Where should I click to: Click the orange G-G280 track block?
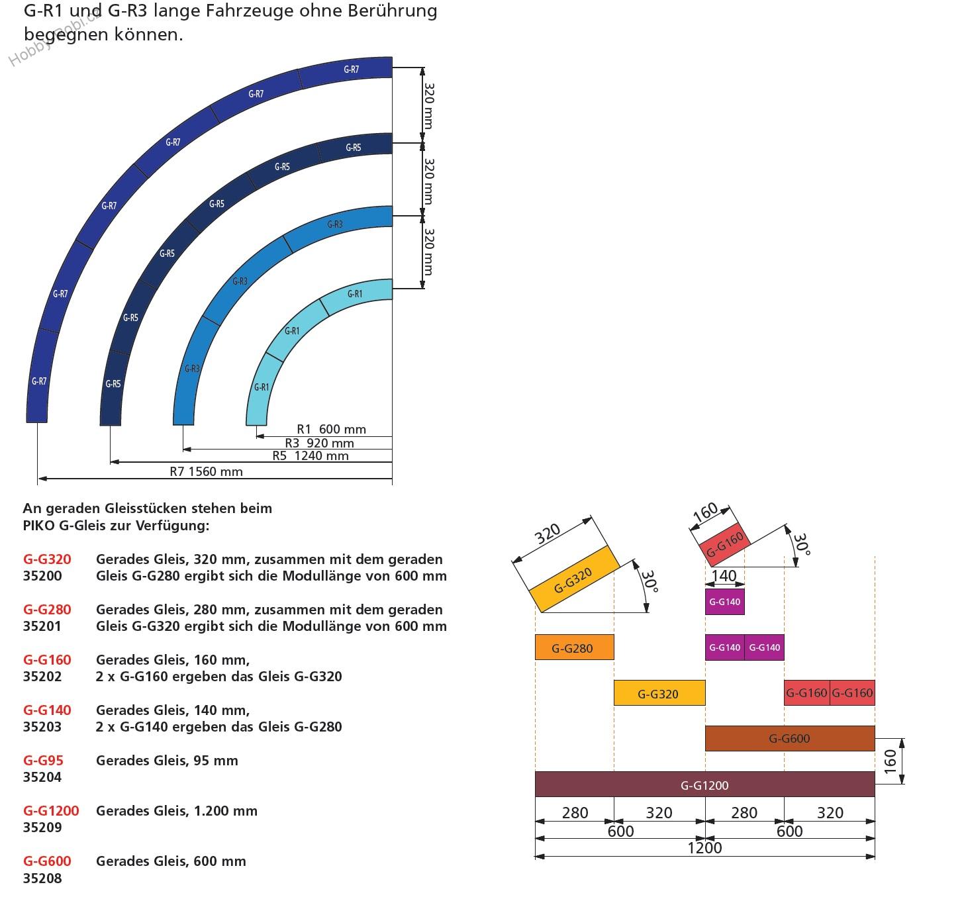[x=574, y=647]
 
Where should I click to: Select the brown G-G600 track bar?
[x=789, y=738]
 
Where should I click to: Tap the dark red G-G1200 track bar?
[x=704, y=784]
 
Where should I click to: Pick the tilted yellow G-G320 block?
[x=573, y=579]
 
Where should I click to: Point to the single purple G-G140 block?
[x=724, y=602]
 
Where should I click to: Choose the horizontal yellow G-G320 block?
[x=659, y=693]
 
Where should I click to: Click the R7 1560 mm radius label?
[x=206, y=471]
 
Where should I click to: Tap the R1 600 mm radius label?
[x=331, y=429]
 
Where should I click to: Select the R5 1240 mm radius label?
[x=310, y=455]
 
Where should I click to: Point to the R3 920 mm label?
[x=319, y=443]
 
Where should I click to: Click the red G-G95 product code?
[x=43, y=760]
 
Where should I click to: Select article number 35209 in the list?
[x=42, y=828]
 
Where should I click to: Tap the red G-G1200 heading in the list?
[x=51, y=810]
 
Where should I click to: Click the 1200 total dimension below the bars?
[x=704, y=848]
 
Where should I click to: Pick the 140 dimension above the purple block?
[x=724, y=576]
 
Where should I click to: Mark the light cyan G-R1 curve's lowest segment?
[x=260, y=391]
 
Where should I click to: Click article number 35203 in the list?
[x=42, y=727]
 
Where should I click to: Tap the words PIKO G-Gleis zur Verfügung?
[x=116, y=526]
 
